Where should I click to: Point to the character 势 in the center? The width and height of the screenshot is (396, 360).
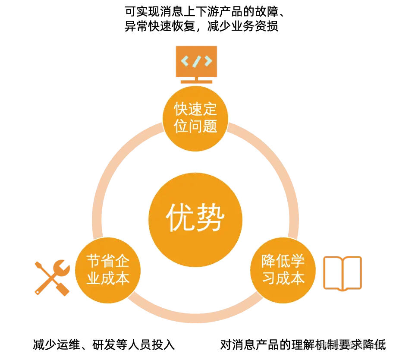pos(211,218)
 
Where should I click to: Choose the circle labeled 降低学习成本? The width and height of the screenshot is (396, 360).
pos(283,269)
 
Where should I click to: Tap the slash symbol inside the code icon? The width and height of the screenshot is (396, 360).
pos(196,61)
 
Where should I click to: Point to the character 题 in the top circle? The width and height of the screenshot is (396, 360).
pos(209,126)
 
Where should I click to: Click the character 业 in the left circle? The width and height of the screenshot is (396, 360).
pos(94,278)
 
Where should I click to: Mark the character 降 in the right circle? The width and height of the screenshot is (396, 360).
pos(269,261)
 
